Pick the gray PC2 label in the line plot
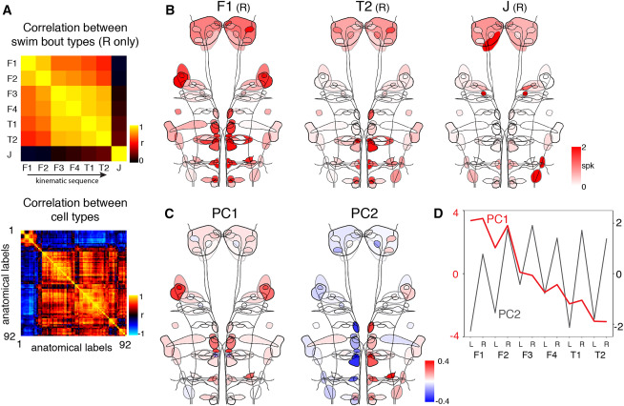(x=509, y=312)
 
